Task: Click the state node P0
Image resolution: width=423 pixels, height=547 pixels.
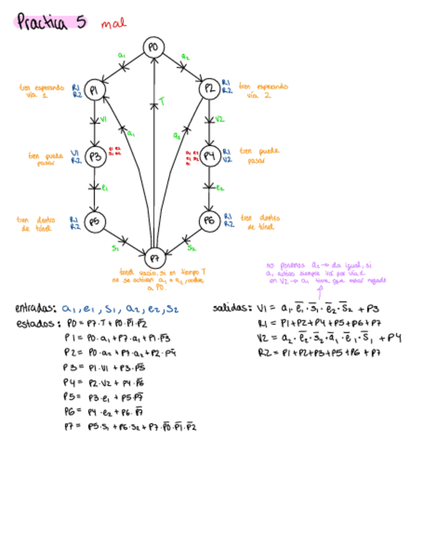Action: (x=153, y=48)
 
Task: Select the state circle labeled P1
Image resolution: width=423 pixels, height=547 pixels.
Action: (x=95, y=90)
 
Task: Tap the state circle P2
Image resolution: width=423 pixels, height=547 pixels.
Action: (x=209, y=89)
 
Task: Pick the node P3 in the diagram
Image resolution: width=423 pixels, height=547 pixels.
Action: (x=95, y=156)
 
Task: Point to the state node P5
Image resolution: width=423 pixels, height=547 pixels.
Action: (x=95, y=221)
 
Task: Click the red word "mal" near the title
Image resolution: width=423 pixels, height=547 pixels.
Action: (x=113, y=24)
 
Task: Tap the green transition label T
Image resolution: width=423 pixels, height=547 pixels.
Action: (x=162, y=101)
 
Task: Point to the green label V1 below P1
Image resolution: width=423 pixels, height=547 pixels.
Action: (x=103, y=119)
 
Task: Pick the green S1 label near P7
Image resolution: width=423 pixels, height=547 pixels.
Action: (x=115, y=247)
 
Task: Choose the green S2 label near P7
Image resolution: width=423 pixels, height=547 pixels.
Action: (x=192, y=247)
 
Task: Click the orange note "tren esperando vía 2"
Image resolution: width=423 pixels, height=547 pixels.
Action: (x=262, y=90)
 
